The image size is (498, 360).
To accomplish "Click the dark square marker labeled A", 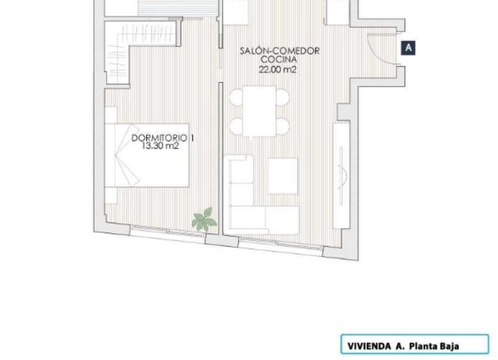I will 409,48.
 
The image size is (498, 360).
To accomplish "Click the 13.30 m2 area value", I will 160,147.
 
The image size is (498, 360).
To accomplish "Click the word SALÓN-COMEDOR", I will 279,51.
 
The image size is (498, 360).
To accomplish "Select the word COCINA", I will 279,59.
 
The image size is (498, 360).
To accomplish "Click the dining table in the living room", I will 260,111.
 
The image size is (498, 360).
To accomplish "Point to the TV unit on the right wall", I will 340,176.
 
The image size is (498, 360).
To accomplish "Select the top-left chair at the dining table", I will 236,97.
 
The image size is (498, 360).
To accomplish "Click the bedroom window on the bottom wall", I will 167,230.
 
